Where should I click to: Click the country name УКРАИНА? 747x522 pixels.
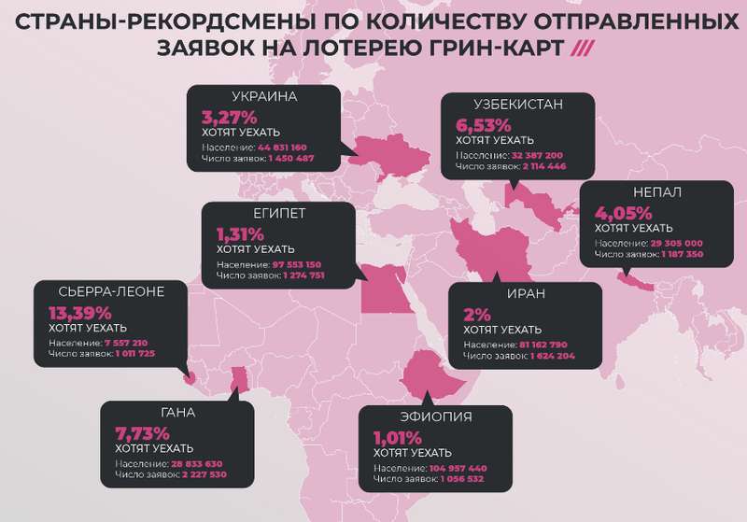(263, 97)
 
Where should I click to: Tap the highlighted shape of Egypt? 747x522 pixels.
(379, 290)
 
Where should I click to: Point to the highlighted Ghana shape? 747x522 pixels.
(240, 377)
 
